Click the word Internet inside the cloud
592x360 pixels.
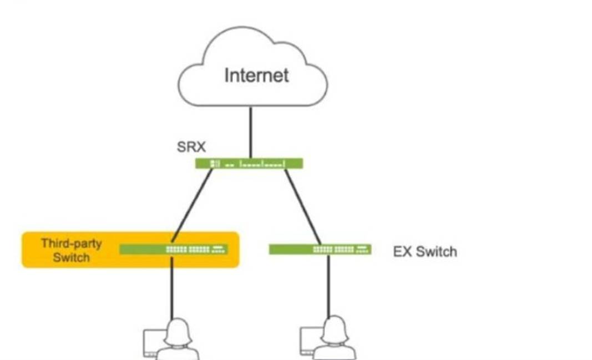256,75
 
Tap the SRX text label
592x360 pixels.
191,147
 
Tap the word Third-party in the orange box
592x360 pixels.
71,244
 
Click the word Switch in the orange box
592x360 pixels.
71,257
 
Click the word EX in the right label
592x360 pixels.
402,252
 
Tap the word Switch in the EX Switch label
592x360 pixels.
437,252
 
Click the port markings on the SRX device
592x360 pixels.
261,164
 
